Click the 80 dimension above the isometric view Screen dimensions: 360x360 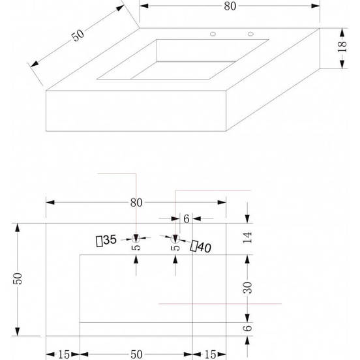coord(229,6)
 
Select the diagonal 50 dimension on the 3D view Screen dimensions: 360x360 coord(79,36)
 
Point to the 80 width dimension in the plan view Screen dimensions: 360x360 coord(136,202)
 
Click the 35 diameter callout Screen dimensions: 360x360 coord(106,241)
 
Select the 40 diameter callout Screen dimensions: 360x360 coord(200,246)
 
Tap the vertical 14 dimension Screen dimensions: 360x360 coord(248,238)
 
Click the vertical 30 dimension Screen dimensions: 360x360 coord(248,287)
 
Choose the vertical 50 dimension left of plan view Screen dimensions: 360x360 coord(19,278)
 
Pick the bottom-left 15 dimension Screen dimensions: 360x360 coord(63,354)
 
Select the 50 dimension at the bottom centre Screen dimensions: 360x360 coord(136,354)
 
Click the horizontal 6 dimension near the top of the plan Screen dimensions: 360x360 coord(186,219)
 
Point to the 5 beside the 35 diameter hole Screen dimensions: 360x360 coord(135,247)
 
